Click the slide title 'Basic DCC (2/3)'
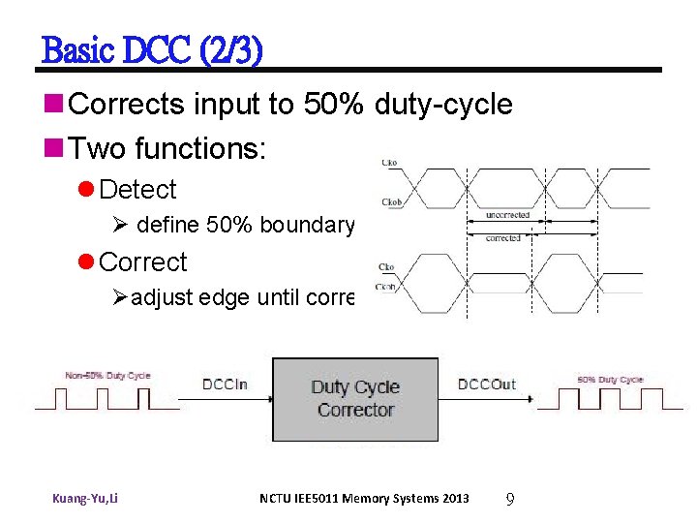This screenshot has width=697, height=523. tap(152, 50)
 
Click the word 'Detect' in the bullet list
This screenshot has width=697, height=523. tap(137, 190)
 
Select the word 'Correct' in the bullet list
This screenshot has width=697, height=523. tap(143, 262)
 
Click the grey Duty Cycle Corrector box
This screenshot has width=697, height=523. tap(354, 399)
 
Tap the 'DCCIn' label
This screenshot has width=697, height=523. tap(226, 385)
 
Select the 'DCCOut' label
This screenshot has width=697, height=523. tap(487, 385)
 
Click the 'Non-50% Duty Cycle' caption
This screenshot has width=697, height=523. tap(107, 376)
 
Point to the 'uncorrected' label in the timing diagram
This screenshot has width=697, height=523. tap(507, 215)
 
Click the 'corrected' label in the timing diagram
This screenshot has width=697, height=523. tap(503, 237)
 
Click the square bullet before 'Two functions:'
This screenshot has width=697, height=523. tap(55, 148)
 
